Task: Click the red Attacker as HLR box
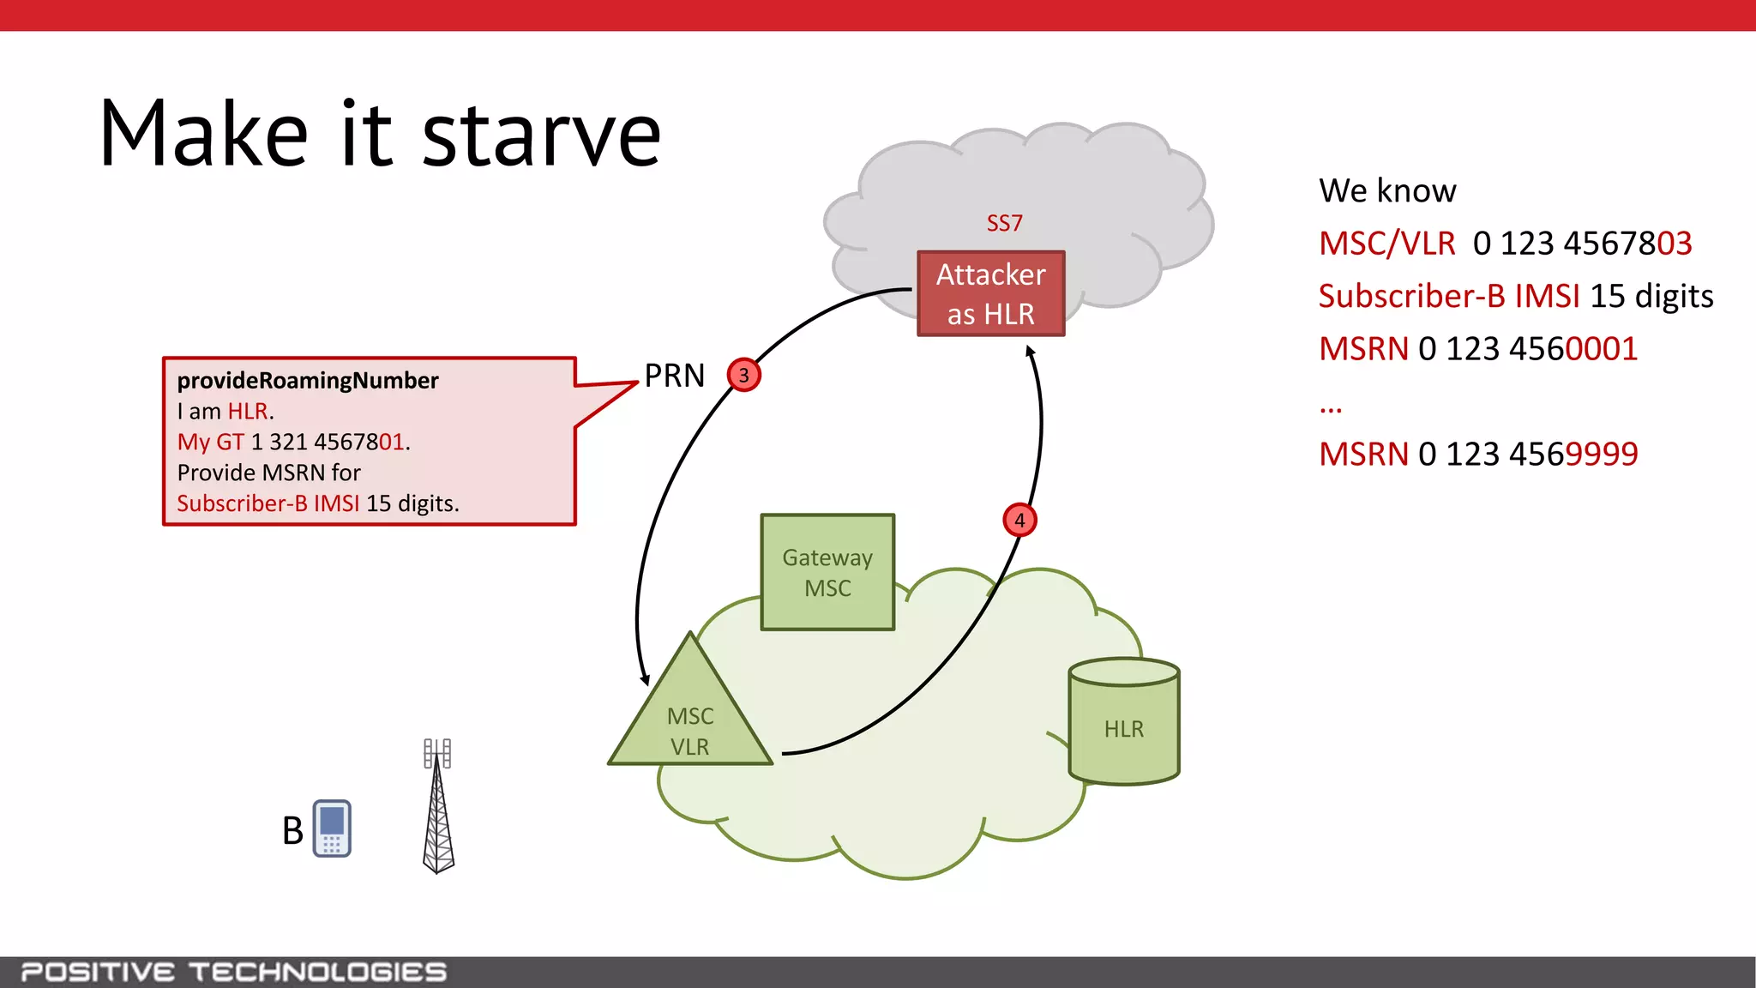coord(990,293)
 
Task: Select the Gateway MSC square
coord(827,572)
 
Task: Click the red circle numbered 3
coord(743,375)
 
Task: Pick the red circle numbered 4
coord(1019,520)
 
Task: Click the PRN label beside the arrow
coord(675,376)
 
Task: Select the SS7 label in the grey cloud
coord(1004,224)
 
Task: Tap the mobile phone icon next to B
coord(332,828)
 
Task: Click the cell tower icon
coord(438,806)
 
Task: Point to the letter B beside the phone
coord(292,830)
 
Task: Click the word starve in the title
coord(542,135)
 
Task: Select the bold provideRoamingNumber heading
coord(308,380)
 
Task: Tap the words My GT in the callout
coord(210,442)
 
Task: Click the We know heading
coord(1387,190)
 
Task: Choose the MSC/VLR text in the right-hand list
coord(1386,244)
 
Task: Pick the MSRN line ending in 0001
coord(1478,349)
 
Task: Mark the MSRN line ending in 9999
coord(1478,454)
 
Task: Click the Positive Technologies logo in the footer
coord(233,973)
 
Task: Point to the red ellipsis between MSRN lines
coord(1331,408)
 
